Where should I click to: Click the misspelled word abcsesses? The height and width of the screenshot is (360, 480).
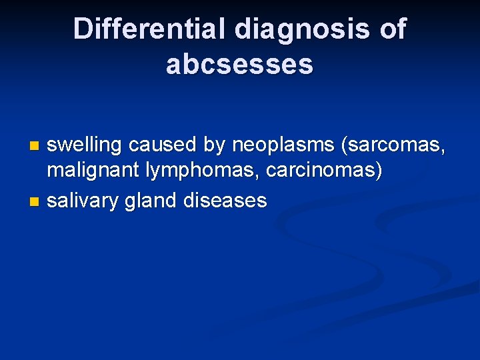tap(239, 64)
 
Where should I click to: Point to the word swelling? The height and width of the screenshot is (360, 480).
tap(85, 144)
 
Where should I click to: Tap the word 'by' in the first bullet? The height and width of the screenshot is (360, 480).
tap(216, 144)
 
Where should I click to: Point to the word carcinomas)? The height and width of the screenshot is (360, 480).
tap(325, 171)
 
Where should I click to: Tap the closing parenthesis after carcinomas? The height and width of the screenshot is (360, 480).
tap(379, 171)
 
